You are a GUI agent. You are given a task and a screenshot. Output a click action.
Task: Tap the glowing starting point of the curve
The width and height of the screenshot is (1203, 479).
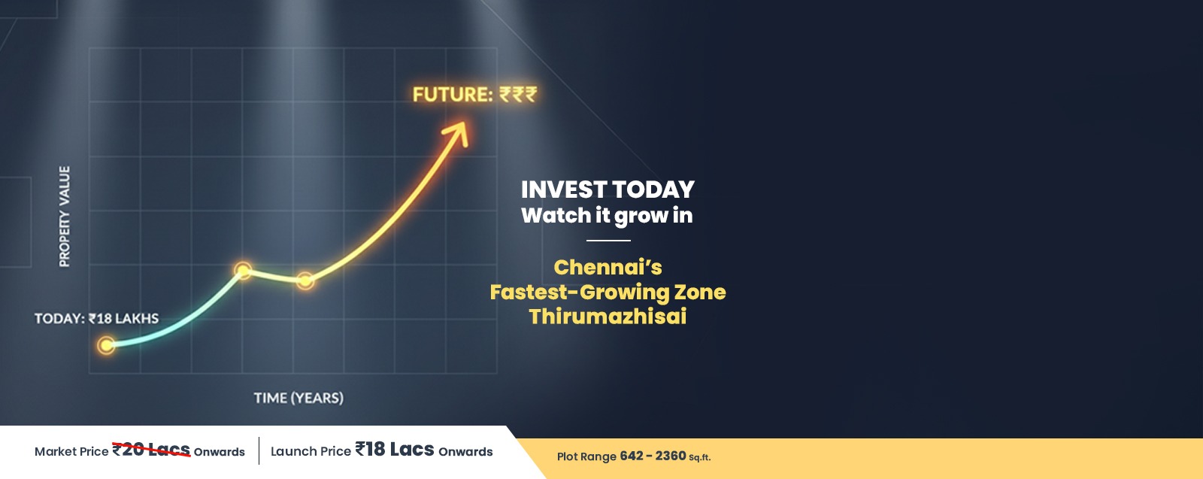point(106,345)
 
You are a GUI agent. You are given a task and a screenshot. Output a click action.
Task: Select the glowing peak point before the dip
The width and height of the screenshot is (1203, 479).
point(243,271)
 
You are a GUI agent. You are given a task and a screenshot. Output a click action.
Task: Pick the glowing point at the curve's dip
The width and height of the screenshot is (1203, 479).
point(305,280)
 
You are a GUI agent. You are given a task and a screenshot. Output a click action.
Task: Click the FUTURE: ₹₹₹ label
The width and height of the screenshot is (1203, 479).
point(474,95)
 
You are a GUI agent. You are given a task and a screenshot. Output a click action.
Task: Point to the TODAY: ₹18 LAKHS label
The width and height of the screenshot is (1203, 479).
point(97,318)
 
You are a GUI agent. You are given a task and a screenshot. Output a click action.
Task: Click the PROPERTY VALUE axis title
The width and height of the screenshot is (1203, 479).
point(65,217)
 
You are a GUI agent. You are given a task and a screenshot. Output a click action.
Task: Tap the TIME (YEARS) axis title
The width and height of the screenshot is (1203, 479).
point(298,398)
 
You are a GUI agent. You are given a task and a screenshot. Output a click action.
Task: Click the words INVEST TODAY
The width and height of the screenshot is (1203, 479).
point(608,189)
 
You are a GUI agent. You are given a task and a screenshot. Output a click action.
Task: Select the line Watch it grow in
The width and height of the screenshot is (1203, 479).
point(607,216)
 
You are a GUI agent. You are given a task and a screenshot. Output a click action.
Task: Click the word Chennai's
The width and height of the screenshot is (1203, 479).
point(608,267)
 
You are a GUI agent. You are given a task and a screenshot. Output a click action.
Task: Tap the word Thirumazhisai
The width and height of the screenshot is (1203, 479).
point(608,317)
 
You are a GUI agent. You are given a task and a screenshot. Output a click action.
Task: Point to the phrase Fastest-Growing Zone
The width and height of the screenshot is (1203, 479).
point(608,292)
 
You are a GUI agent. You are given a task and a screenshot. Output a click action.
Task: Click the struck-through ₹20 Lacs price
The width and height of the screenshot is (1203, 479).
point(151,450)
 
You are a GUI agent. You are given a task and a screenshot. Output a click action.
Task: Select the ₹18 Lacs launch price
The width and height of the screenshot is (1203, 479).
point(395,449)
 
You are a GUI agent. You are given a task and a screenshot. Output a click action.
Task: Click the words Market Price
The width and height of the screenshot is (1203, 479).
point(71,452)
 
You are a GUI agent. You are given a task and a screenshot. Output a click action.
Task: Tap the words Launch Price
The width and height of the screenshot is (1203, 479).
point(311,451)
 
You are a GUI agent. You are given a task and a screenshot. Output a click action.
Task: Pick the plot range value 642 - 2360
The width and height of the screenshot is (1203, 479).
point(653,456)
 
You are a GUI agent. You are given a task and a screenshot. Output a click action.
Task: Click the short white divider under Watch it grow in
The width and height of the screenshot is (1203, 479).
point(608,241)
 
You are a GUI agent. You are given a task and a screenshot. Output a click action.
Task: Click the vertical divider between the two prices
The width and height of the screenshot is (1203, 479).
point(259,450)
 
